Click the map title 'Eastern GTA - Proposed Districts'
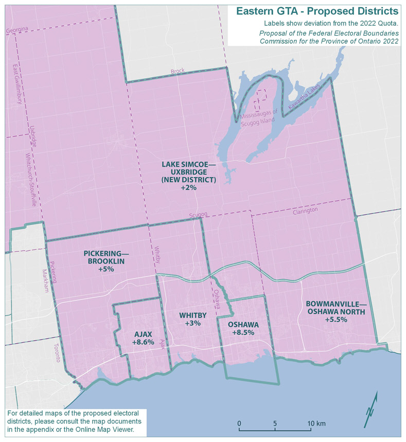coord(316,11)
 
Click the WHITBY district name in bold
coord(193,315)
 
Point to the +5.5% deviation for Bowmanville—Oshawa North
coord(336,319)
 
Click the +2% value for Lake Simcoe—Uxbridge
coord(188,189)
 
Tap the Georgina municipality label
coord(17,31)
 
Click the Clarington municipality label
coord(305,211)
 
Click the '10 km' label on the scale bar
coord(317,423)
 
